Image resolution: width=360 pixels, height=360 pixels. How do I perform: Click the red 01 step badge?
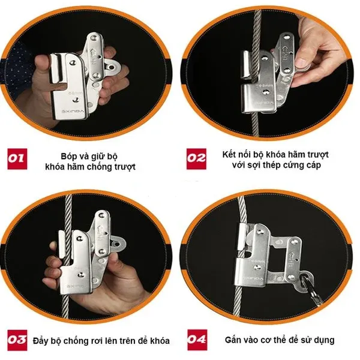(x=17, y=159)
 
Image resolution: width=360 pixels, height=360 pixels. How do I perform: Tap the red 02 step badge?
(x=196, y=159)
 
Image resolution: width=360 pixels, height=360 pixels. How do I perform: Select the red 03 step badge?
(x=17, y=340)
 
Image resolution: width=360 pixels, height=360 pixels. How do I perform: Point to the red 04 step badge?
(x=197, y=340)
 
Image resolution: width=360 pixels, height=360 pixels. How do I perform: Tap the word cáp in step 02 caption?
(x=313, y=166)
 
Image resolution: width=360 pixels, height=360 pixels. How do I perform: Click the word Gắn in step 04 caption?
(x=233, y=340)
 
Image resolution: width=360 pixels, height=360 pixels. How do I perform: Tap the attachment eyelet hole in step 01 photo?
(x=112, y=67)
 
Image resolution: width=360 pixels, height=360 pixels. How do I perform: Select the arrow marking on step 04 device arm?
(x=293, y=255)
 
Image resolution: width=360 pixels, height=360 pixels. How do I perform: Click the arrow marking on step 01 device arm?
(x=95, y=52)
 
